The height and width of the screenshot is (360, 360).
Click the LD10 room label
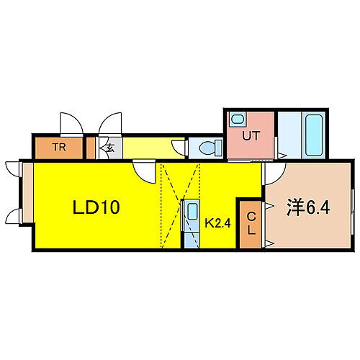[96, 207]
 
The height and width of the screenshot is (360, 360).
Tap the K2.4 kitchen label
[217, 223]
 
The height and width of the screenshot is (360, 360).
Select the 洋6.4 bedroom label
[308, 208]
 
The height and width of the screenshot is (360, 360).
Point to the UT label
[251, 136]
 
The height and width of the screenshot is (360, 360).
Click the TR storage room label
[59, 147]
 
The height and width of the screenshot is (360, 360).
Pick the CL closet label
[251, 224]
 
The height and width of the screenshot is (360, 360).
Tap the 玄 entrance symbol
[110, 148]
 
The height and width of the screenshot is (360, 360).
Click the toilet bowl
[211, 148]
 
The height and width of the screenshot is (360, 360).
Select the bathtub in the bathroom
[314, 135]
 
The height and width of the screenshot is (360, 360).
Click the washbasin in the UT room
[238, 119]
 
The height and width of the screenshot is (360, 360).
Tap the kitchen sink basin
[192, 211]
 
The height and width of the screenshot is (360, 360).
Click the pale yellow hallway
[153, 148]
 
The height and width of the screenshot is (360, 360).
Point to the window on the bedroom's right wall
[353, 212]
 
